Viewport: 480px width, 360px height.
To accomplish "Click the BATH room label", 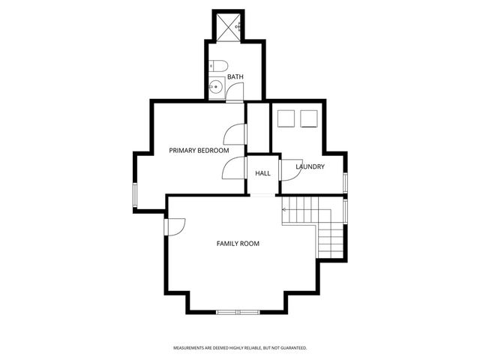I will point(235,76).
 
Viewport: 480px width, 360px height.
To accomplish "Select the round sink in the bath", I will point(215,87).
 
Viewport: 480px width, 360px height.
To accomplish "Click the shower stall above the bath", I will point(228,26).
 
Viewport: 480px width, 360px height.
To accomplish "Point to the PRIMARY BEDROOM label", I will point(199,151).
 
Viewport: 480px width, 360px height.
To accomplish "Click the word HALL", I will point(262,173).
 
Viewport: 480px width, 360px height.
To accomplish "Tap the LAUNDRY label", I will point(310,166).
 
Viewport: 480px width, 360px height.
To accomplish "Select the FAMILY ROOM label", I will point(238,243).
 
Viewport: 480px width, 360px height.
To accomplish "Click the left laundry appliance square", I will point(284,118).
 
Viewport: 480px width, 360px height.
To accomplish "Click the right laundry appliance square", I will point(308,118).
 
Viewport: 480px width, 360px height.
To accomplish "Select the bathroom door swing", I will point(235,93).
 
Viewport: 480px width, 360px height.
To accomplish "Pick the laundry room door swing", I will point(289,170).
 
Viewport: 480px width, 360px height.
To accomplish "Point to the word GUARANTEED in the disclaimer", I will point(293,348).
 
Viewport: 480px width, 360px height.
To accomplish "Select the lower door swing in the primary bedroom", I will point(233,169).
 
